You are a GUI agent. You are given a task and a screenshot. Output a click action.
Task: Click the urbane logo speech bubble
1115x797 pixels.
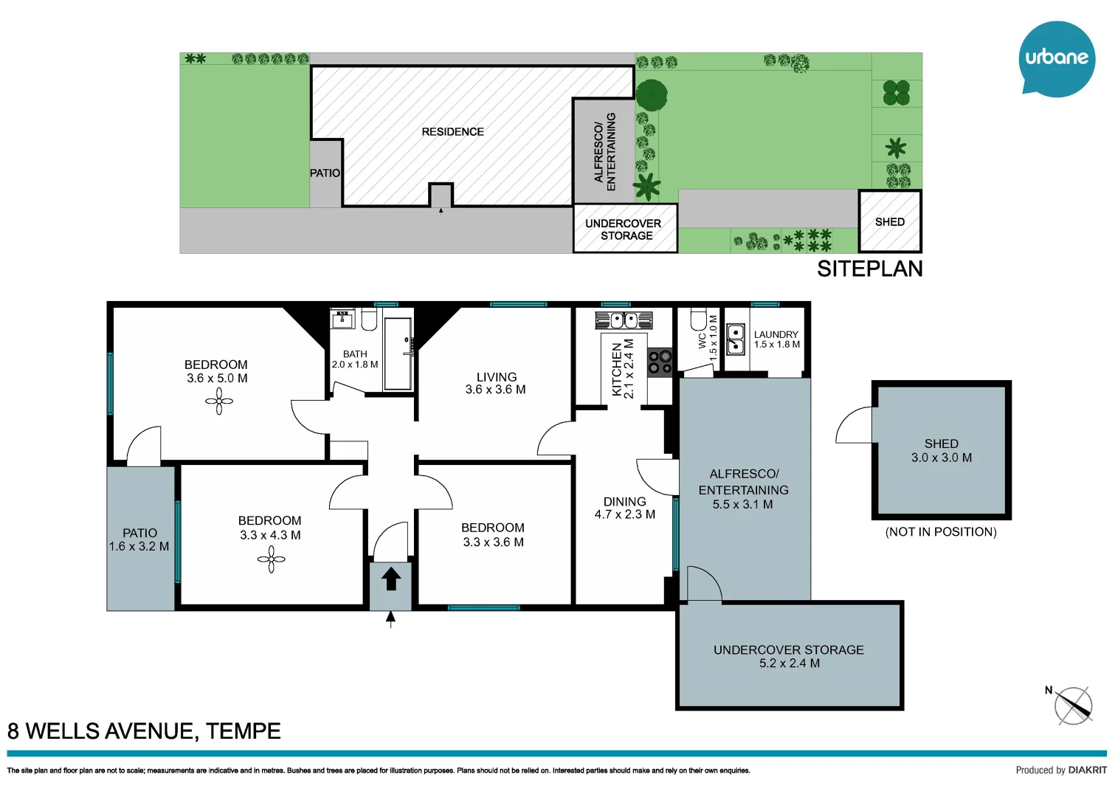[x=1057, y=58]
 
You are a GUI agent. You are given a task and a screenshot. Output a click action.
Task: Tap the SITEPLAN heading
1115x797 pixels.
[x=869, y=269]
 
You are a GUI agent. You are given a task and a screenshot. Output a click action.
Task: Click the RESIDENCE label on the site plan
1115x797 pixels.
[x=452, y=132]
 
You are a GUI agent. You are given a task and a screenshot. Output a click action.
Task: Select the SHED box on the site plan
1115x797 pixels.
[x=890, y=221]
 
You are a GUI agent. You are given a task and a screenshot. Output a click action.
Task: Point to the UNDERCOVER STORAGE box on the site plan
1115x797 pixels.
[x=625, y=229]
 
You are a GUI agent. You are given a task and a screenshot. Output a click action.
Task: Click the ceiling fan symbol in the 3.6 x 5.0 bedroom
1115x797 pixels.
[x=219, y=401]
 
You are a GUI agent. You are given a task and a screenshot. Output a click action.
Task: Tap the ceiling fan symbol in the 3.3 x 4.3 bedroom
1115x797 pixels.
[x=272, y=559]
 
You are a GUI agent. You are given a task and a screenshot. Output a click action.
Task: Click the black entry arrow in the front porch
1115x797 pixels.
[x=390, y=578]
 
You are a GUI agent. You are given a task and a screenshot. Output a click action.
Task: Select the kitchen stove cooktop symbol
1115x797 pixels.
[x=660, y=362]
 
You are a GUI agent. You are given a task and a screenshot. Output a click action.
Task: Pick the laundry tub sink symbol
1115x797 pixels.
[x=736, y=339]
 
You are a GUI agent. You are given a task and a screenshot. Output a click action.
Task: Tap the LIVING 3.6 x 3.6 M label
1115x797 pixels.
[x=496, y=383]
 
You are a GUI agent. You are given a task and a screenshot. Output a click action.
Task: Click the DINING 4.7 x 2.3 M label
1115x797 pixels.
[x=625, y=508]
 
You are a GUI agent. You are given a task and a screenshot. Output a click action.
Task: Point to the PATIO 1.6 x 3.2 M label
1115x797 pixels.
[x=139, y=539]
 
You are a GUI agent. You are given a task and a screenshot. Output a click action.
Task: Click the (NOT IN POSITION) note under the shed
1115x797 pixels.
[x=941, y=532]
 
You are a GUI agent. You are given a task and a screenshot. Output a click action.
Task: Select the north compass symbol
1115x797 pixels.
[x=1072, y=705]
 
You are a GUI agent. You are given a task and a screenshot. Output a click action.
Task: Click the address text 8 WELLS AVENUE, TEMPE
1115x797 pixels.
[x=144, y=731]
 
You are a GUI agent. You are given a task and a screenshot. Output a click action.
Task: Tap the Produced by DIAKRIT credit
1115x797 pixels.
[x=1060, y=770]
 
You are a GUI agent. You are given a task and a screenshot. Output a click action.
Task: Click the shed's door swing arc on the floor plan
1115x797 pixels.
[x=854, y=426]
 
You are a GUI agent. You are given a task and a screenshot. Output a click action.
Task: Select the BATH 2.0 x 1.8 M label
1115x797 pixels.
[x=355, y=359]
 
